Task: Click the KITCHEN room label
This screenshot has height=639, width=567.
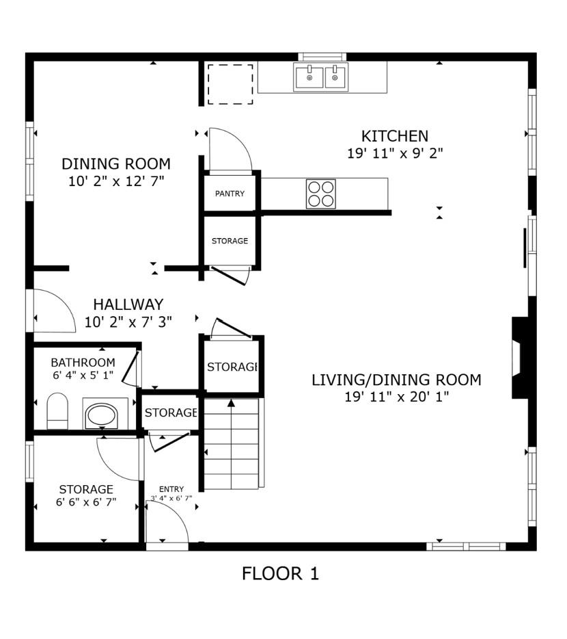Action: (395, 136)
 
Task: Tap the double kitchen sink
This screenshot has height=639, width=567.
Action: (320, 77)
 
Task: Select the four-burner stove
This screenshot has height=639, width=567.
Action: (320, 193)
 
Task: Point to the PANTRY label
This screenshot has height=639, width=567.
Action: (230, 194)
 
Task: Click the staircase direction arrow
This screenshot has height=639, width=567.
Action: (231, 403)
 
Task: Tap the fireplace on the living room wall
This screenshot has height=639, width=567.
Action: (521, 356)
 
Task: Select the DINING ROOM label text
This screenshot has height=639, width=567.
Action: (116, 164)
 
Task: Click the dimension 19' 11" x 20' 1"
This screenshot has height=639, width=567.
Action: (396, 396)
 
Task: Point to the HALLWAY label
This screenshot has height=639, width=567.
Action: (128, 304)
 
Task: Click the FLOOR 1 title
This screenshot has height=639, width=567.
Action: (280, 573)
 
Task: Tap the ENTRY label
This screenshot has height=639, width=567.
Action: (171, 488)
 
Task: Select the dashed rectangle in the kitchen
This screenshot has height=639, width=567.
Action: (230, 85)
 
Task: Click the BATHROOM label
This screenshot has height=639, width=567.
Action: (83, 363)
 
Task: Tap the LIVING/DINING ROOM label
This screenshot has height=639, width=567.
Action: (396, 380)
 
